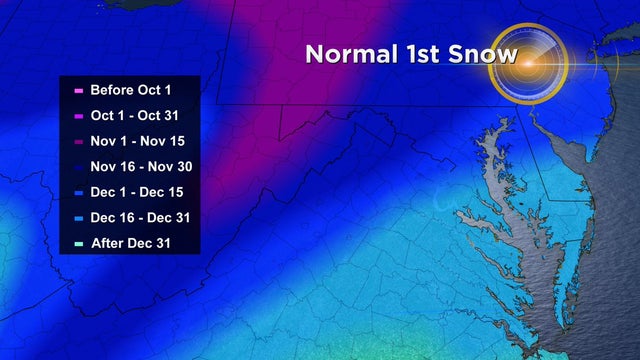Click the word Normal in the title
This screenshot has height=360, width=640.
(x=352, y=53)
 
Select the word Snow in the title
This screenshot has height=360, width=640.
(x=486, y=53)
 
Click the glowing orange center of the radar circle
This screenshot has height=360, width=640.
(x=527, y=62)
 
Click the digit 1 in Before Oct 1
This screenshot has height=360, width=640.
(x=167, y=89)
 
